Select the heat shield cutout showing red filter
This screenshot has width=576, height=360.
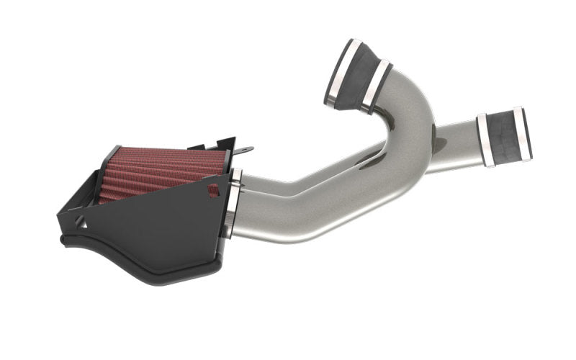click(x=213, y=190)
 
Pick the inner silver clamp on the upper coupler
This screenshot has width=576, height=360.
click(x=377, y=87)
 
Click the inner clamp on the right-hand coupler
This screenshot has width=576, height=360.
click(x=487, y=140)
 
